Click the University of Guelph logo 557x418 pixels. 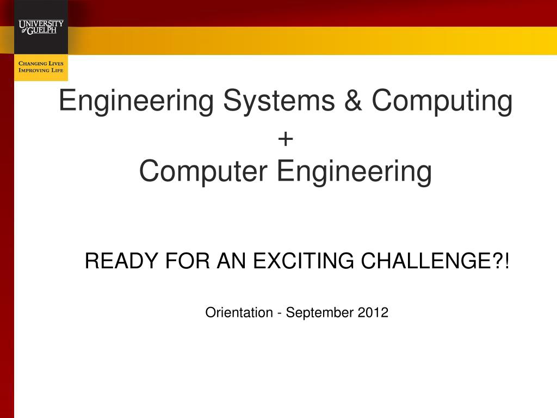[x=41, y=27]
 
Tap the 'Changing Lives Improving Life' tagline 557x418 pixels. [x=41, y=67]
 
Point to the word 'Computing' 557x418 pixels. [x=442, y=102]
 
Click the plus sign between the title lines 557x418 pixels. [x=285, y=139]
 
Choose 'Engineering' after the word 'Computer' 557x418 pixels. [x=354, y=172]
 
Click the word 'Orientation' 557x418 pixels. [x=239, y=312]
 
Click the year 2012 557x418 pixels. [x=373, y=312]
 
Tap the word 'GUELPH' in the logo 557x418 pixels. [x=45, y=30]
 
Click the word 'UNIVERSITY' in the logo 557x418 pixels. [x=41, y=23]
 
